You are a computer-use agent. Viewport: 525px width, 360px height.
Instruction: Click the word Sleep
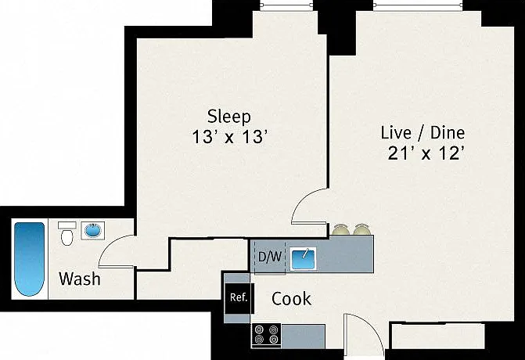229,117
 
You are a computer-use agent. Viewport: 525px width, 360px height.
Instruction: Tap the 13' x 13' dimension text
230,137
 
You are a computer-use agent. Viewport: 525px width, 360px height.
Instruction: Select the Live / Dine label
423,132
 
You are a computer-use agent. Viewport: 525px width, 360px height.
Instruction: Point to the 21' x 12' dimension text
426,153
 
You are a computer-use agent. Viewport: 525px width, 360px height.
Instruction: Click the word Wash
80,279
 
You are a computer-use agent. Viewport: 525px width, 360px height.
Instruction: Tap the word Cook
291,299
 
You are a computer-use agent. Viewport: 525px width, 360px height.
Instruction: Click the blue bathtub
30,259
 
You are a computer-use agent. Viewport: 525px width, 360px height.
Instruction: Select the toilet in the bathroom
67,233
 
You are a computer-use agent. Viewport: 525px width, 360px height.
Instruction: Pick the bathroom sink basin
93,230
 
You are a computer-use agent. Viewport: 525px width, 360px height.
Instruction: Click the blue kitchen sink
303,258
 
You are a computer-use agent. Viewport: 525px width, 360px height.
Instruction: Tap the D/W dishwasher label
270,257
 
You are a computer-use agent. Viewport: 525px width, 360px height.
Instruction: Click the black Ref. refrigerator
239,298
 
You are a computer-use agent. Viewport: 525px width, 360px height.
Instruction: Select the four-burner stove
267,335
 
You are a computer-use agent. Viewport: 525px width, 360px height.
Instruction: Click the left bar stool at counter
341,229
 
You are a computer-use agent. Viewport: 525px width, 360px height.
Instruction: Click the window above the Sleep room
287,5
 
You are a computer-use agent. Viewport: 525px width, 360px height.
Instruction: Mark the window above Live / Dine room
419,5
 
